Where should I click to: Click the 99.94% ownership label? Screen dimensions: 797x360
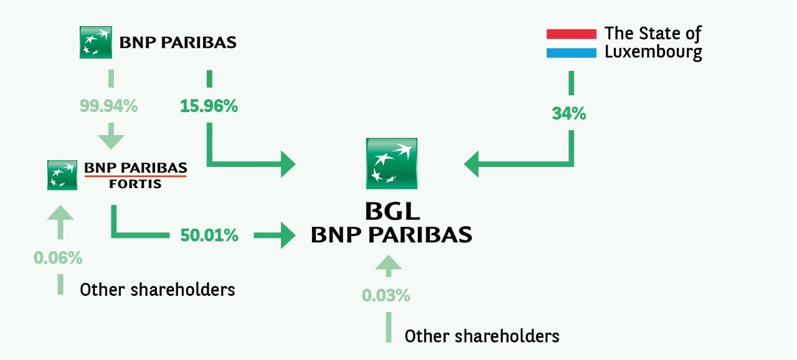tap(108, 106)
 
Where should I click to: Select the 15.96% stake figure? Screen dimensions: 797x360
tap(209, 106)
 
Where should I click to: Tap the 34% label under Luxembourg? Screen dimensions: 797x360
tap(569, 114)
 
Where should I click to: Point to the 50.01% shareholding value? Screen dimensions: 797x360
tap(209, 235)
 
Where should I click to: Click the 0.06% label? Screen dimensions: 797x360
tap(58, 258)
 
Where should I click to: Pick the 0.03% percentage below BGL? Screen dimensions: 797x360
tap(386, 296)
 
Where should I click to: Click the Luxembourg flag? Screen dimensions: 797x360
tap(572, 44)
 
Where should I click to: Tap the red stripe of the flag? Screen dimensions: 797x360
tap(572, 34)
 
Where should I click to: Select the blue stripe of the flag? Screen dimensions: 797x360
tap(572, 53)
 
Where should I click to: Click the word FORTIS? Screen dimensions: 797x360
tap(135, 184)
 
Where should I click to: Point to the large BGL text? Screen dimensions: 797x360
tap(392, 212)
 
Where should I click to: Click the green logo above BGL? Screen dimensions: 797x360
tap(392, 164)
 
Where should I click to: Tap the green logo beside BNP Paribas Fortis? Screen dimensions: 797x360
tap(62, 175)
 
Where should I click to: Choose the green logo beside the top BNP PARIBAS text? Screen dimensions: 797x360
tap(96, 42)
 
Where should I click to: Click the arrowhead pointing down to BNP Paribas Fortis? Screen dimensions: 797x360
tap(111, 142)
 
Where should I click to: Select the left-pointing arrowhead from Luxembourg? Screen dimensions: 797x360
tap(471, 164)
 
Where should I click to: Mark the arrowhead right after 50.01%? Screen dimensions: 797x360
tap(288, 235)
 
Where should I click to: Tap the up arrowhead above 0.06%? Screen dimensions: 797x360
tap(60, 212)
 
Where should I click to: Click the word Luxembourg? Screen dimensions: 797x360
tap(653, 52)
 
